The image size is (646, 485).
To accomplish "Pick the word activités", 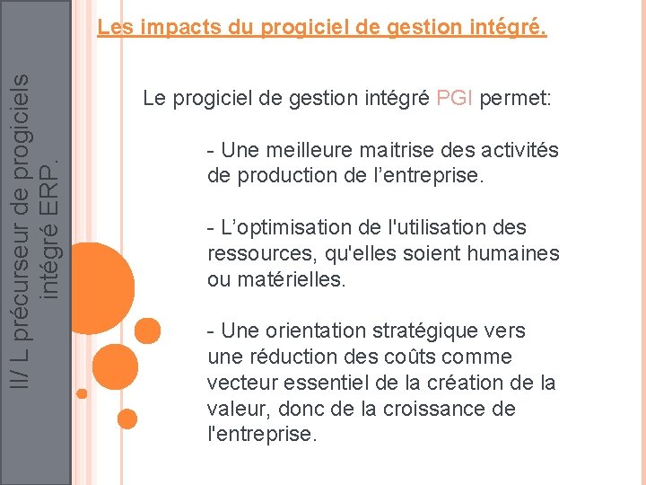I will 514,149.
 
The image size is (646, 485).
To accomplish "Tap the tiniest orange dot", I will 83,393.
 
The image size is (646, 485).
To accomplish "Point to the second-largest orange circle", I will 140,332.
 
